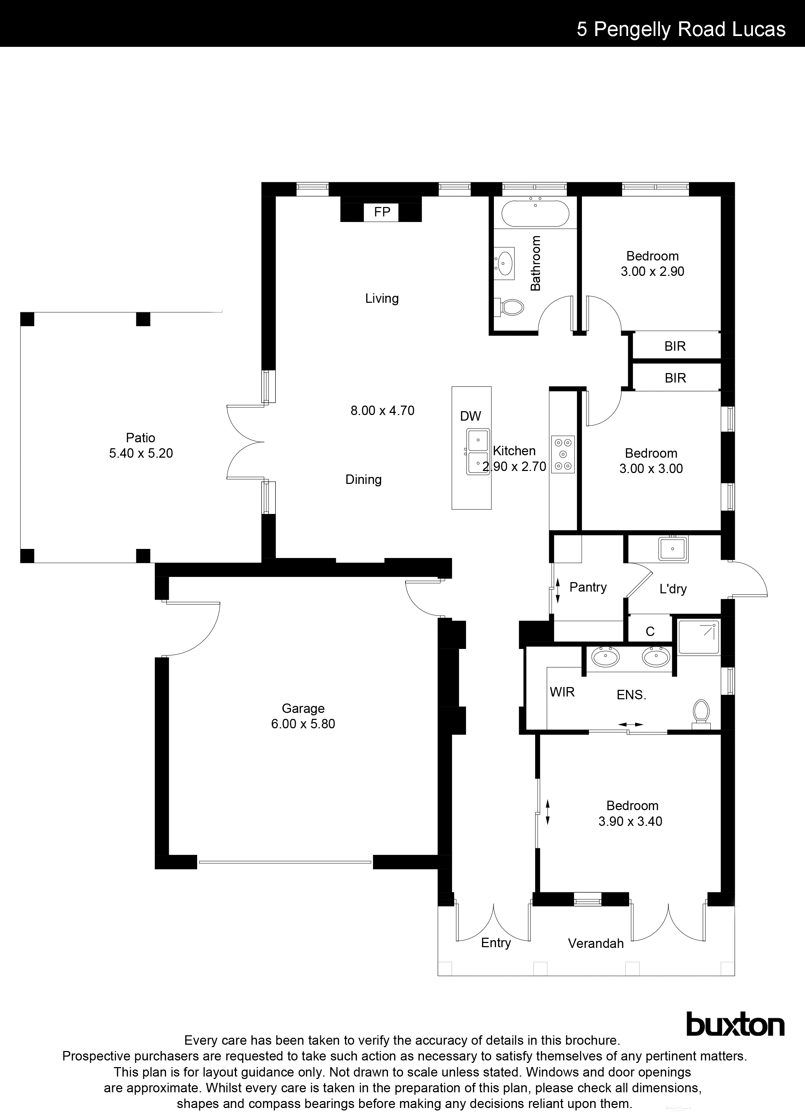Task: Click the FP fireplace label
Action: (382, 212)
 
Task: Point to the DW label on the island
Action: (470, 416)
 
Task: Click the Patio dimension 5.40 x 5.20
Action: (141, 453)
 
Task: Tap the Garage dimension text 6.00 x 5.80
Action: (303, 724)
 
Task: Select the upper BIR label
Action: (675, 346)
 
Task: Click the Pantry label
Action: (588, 587)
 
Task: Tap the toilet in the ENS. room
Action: (701, 713)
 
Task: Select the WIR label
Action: (562, 692)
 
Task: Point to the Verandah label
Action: (596, 943)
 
